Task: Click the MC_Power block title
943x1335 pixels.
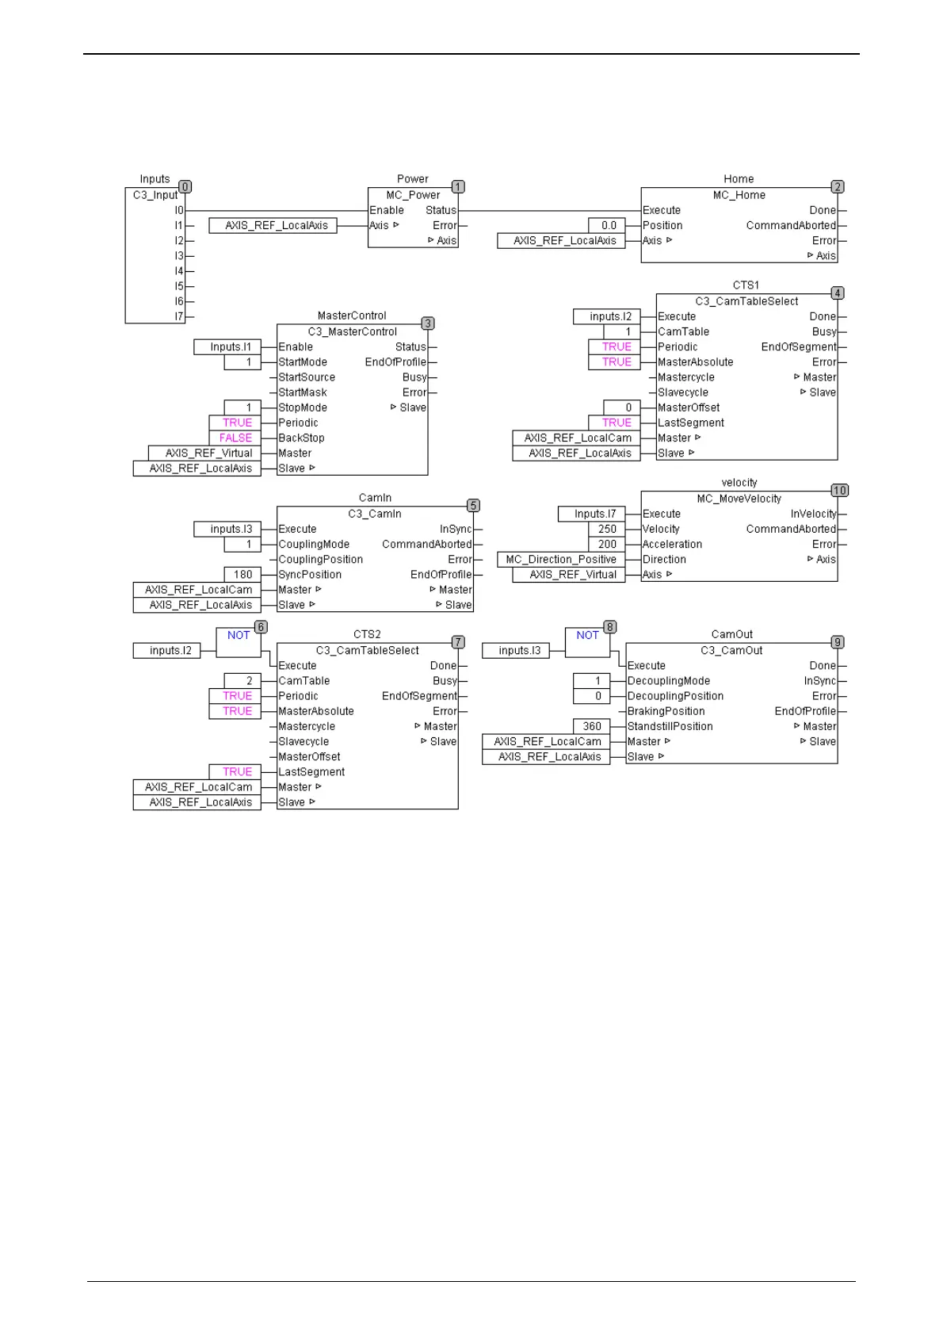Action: tap(413, 195)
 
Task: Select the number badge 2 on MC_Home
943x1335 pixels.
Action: tap(837, 187)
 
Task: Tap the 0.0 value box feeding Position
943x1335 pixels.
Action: tap(608, 226)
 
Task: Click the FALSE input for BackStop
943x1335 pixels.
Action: tap(235, 438)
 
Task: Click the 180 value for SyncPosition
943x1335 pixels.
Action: tap(242, 575)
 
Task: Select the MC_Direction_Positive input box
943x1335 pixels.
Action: tap(561, 560)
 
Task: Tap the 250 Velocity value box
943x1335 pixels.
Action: tap(607, 530)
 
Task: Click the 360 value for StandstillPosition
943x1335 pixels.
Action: tap(592, 727)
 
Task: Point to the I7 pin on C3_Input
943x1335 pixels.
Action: tap(179, 317)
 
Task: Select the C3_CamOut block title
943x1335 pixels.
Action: tap(731, 651)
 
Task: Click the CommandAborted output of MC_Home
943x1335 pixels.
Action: tap(791, 226)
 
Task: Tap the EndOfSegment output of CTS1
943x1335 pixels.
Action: tap(799, 347)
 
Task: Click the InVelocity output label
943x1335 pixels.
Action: tap(813, 514)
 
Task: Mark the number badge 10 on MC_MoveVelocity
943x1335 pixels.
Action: tap(839, 491)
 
